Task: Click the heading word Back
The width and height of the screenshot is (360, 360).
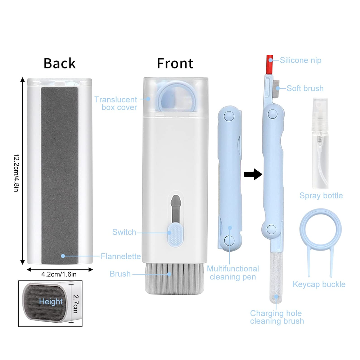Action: pyautogui.click(x=59, y=63)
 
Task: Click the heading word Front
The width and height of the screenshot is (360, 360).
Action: pyautogui.click(x=175, y=64)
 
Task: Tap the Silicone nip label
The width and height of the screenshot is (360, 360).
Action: pyautogui.click(x=301, y=60)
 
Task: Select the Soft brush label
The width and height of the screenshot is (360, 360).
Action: pyautogui.click(x=305, y=88)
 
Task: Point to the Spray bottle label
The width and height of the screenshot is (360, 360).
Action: pyautogui.click(x=321, y=196)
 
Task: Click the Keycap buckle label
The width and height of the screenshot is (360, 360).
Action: pyautogui.click(x=319, y=284)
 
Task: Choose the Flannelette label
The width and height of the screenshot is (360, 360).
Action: pyautogui.click(x=121, y=256)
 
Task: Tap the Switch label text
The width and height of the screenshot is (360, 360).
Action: pyautogui.click(x=124, y=232)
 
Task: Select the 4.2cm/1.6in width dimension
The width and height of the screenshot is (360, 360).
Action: pyautogui.click(x=59, y=274)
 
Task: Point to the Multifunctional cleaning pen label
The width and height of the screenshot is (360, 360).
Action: pyautogui.click(x=233, y=273)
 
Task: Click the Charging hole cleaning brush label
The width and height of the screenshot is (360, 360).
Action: pyautogui.click(x=276, y=317)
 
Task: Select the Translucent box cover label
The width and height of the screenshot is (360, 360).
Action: pyautogui.click(x=116, y=103)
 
